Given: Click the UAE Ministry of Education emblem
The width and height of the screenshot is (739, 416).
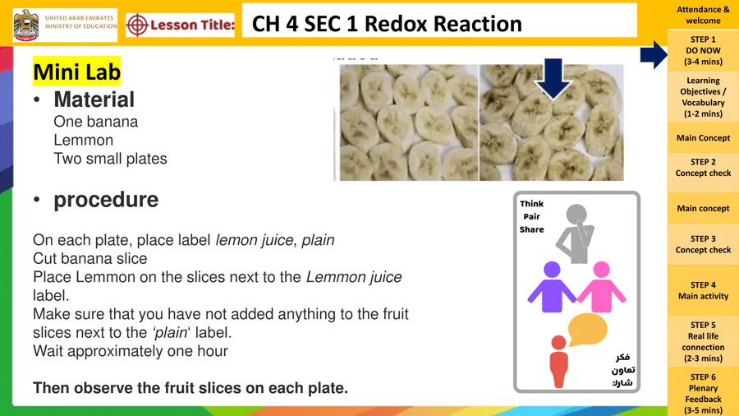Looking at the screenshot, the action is click(26, 25).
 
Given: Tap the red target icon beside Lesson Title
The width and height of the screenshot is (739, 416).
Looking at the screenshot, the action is click(137, 25).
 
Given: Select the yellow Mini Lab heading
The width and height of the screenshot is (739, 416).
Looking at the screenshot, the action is click(77, 72).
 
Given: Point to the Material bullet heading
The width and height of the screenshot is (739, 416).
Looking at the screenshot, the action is click(94, 99).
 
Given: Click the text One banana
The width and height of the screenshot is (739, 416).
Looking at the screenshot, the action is click(96, 122).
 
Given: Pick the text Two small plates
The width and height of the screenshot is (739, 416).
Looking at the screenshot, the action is click(110, 159).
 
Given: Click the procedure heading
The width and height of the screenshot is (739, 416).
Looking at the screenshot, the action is click(106, 200).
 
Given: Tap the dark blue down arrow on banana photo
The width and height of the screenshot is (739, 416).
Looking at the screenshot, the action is click(553, 78).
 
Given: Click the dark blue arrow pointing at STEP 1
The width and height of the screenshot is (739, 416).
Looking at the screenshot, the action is click(654, 55).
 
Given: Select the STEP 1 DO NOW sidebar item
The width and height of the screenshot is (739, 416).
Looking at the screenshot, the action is click(703, 50).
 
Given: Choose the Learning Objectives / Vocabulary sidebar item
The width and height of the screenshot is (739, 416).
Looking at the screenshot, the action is click(703, 97).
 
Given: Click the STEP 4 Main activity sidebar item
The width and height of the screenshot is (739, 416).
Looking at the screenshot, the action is click(703, 290).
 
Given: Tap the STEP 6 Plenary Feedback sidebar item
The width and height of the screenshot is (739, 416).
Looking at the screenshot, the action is click(703, 393).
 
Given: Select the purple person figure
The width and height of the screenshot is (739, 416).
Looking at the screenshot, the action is click(552, 287).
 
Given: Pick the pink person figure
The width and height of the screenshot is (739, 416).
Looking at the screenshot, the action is click(601, 287).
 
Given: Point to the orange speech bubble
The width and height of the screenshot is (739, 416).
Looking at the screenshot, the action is click(587, 329).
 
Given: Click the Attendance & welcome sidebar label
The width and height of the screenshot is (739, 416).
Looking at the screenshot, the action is click(703, 15).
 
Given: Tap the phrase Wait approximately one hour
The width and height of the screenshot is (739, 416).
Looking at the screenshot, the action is click(131, 351).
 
